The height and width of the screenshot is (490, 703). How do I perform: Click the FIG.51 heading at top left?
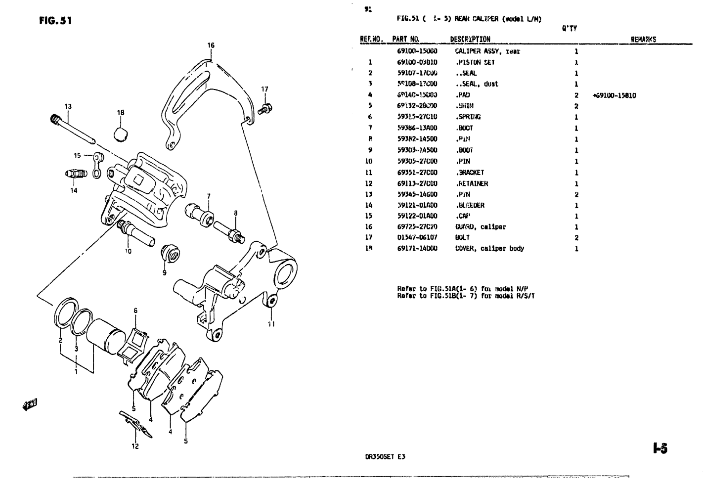56,21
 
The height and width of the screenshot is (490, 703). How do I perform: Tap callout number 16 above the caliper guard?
211,45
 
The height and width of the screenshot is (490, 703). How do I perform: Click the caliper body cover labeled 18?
121,134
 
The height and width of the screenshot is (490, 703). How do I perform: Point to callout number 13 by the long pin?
68,106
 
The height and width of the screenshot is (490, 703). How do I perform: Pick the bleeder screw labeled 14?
76,174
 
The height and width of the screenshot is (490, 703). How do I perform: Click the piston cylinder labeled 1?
103,336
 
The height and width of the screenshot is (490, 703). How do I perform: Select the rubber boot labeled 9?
170,254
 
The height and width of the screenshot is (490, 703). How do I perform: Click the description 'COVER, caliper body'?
489,249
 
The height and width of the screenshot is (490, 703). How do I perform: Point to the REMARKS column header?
643,40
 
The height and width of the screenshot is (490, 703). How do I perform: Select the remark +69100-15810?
614,95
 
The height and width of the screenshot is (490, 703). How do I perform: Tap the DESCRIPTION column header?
470,40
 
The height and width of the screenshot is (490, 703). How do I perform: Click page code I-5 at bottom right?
659,448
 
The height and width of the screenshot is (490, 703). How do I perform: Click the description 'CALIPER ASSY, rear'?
487,51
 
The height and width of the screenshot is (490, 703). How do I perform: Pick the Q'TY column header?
570,29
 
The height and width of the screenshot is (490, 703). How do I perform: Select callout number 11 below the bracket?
271,325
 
